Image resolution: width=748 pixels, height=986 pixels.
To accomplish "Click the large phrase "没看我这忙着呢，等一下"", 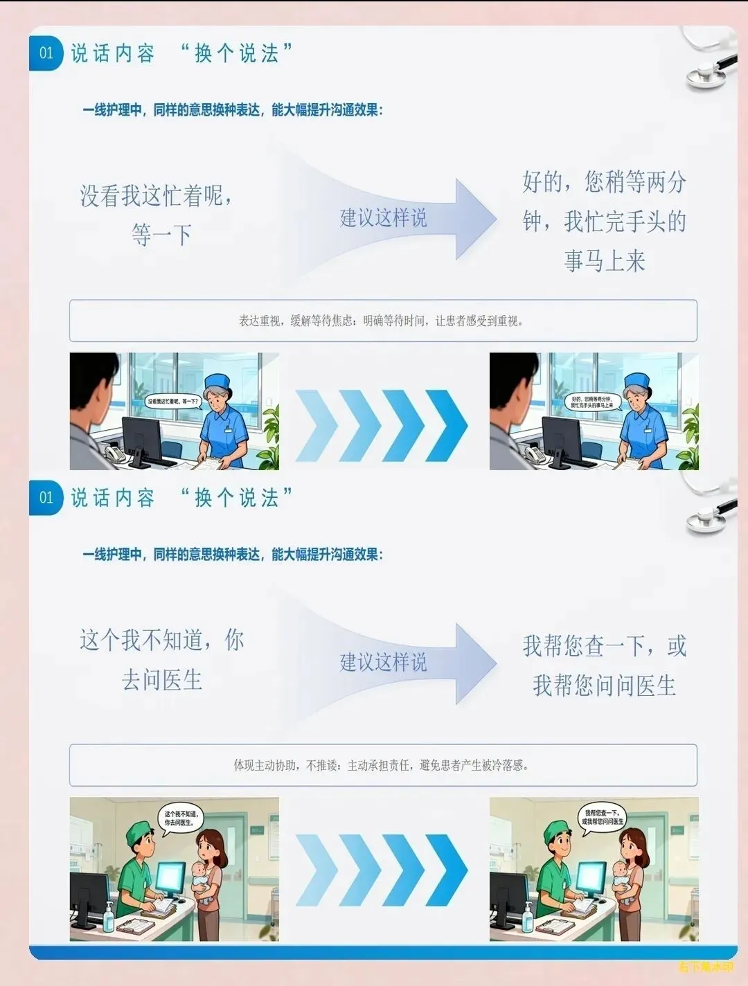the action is pos(158,215).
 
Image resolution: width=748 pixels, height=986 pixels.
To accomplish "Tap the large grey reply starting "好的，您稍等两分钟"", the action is pos(604,221).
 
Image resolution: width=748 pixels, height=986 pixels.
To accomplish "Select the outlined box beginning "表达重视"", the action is pos(383,321).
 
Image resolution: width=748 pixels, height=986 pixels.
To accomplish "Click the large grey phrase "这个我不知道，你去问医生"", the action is pos(162,659).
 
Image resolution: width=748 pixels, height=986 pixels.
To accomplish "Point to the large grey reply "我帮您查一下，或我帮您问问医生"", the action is pos(604,665).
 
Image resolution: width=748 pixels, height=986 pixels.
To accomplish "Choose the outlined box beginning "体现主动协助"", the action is pos(383,765).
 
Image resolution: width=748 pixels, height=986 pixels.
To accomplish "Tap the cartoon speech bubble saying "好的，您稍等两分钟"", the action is pos(591,402).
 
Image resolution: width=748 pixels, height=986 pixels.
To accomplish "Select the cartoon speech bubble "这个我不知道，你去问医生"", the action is pos(181,818).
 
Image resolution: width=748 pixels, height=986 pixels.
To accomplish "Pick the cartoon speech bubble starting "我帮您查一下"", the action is pos(602,817).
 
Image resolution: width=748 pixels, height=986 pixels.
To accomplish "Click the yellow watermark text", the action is pos(705,967).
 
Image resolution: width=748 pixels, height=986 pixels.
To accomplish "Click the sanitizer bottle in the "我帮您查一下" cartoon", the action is pos(528,917).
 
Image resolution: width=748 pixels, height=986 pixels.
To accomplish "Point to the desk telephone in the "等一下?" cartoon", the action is pos(115,454).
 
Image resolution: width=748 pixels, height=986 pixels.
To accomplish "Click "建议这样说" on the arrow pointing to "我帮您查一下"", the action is pos(383,662).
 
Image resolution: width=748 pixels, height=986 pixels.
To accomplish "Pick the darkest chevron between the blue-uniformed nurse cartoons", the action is pos(447,425).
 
